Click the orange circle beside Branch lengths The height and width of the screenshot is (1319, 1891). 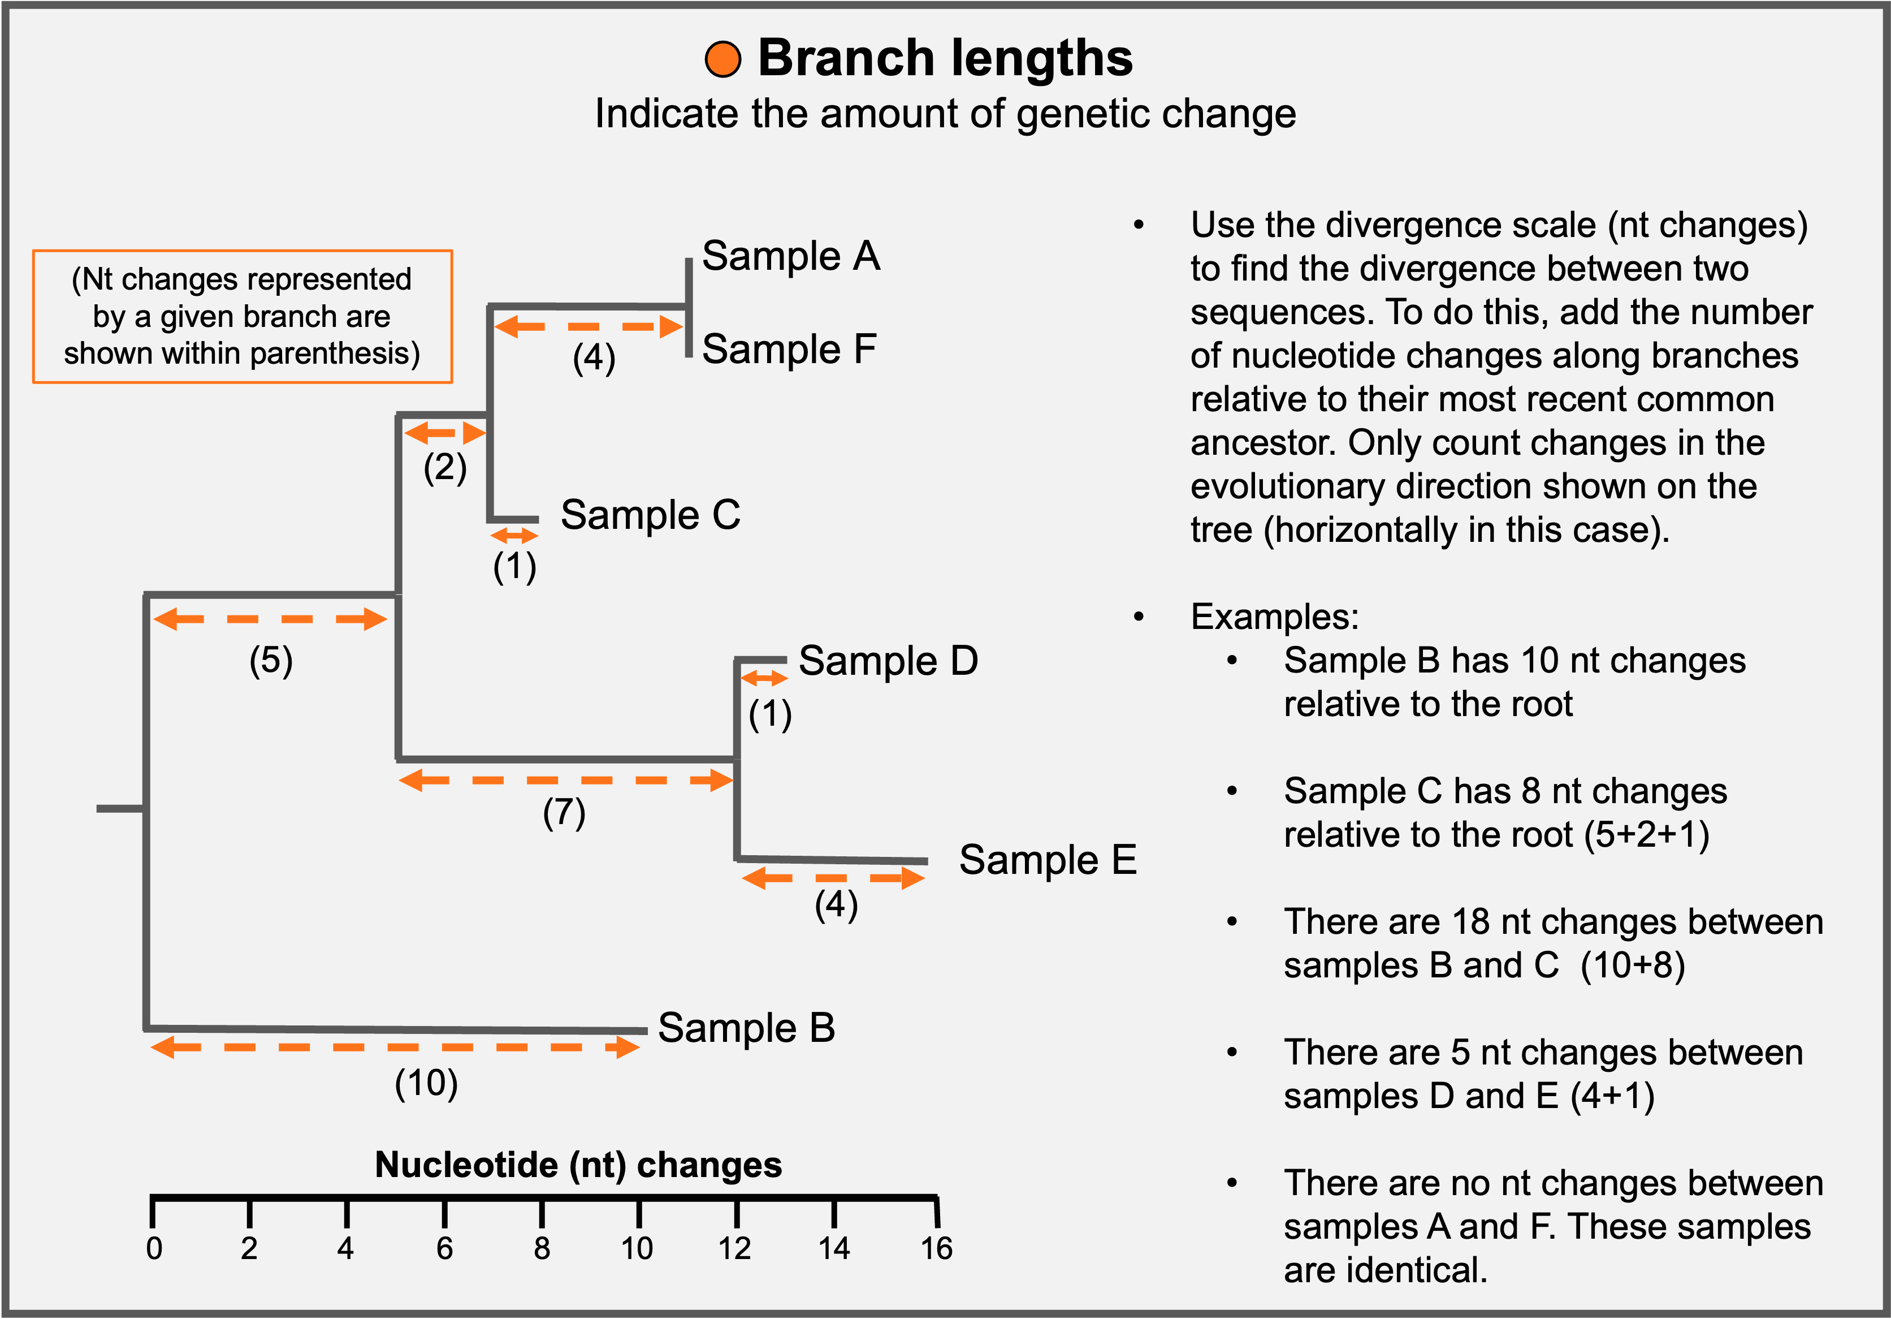(x=722, y=59)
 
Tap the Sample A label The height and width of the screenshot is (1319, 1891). (x=791, y=256)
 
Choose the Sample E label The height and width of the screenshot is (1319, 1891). (x=1048, y=860)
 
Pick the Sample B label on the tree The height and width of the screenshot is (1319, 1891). (x=746, y=1028)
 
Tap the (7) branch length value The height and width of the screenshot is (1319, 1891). (x=564, y=813)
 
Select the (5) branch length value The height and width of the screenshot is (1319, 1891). (x=271, y=661)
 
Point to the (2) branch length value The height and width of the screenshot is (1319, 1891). (x=445, y=468)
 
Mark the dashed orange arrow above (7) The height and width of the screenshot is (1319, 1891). (x=566, y=780)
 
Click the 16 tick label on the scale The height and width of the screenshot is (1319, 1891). (x=936, y=1249)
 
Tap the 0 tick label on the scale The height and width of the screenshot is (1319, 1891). (x=154, y=1249)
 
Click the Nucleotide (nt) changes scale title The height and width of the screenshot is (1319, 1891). (x=578, y=1165)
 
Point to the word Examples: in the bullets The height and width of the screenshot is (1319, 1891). (x=1274, y=617)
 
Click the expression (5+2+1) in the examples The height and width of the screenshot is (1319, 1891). (x=1647, y=835)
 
